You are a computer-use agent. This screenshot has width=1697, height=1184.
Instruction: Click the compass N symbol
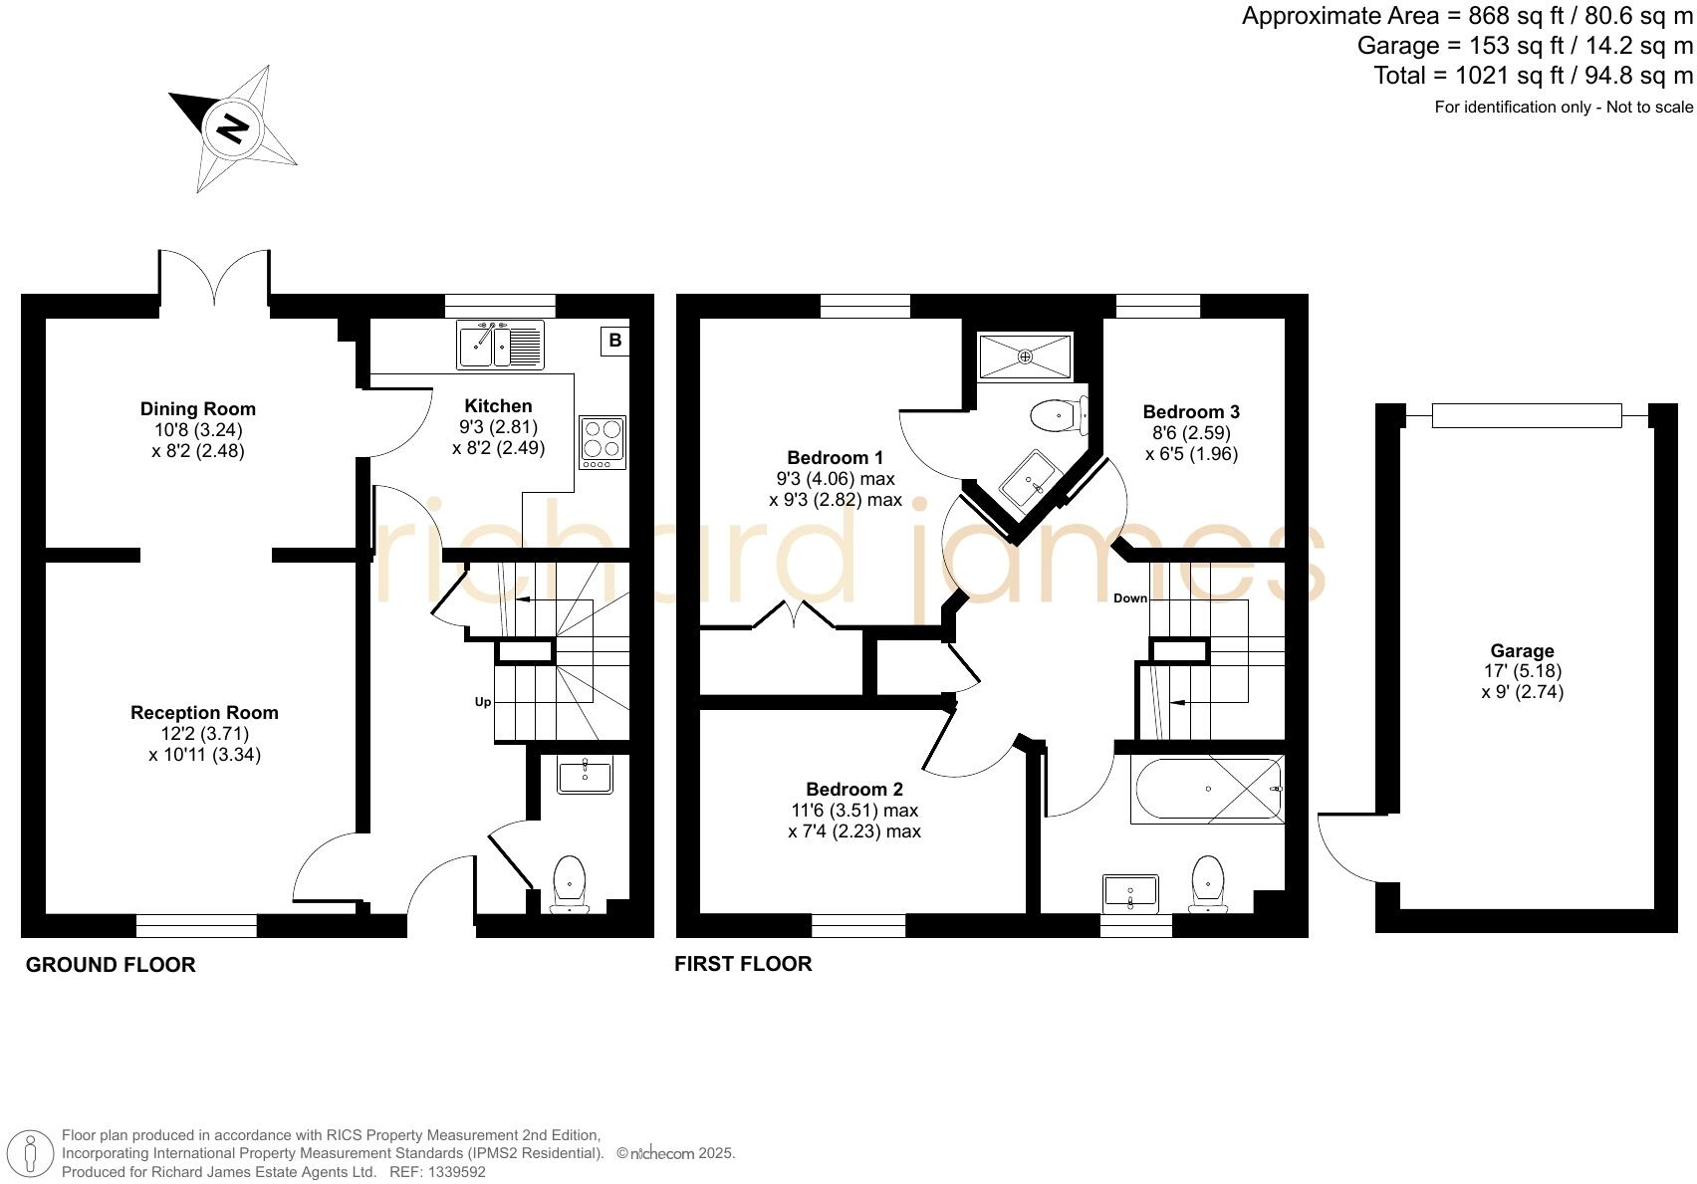click(234, 128)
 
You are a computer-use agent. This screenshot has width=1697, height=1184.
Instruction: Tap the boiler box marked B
click(614, 341)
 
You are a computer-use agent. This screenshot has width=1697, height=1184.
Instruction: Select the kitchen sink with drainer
click(500, 345)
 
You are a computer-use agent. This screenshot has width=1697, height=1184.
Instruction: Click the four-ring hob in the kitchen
click(603, 442)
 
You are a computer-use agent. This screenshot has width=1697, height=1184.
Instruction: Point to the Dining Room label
click(197, 408)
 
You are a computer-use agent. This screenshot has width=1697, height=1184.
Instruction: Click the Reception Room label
click(204, 712)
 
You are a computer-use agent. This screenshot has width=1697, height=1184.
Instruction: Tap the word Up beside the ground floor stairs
click(483, 701)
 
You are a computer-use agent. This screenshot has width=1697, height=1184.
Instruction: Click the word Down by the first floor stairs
click(1130, 598)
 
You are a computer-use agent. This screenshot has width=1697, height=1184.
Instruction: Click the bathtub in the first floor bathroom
click(1207, 790)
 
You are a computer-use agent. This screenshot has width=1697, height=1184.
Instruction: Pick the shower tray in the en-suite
click(1025, 356)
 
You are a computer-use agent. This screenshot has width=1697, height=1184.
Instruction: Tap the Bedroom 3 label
click(1191, 411)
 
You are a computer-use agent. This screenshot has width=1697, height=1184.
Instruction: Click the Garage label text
click(1522, 650)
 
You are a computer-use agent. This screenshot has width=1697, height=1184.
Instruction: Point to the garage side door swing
click(1344, 846)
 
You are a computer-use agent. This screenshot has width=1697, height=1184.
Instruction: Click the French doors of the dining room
click(213, 276)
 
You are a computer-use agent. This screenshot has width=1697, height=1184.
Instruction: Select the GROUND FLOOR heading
click(111, 964)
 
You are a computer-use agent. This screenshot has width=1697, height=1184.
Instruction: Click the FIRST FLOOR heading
click(743, 963)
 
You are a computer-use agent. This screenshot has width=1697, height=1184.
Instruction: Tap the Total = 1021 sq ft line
click(1533, 76)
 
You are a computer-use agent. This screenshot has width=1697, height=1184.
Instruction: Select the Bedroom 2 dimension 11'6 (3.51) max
click(853, 810)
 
